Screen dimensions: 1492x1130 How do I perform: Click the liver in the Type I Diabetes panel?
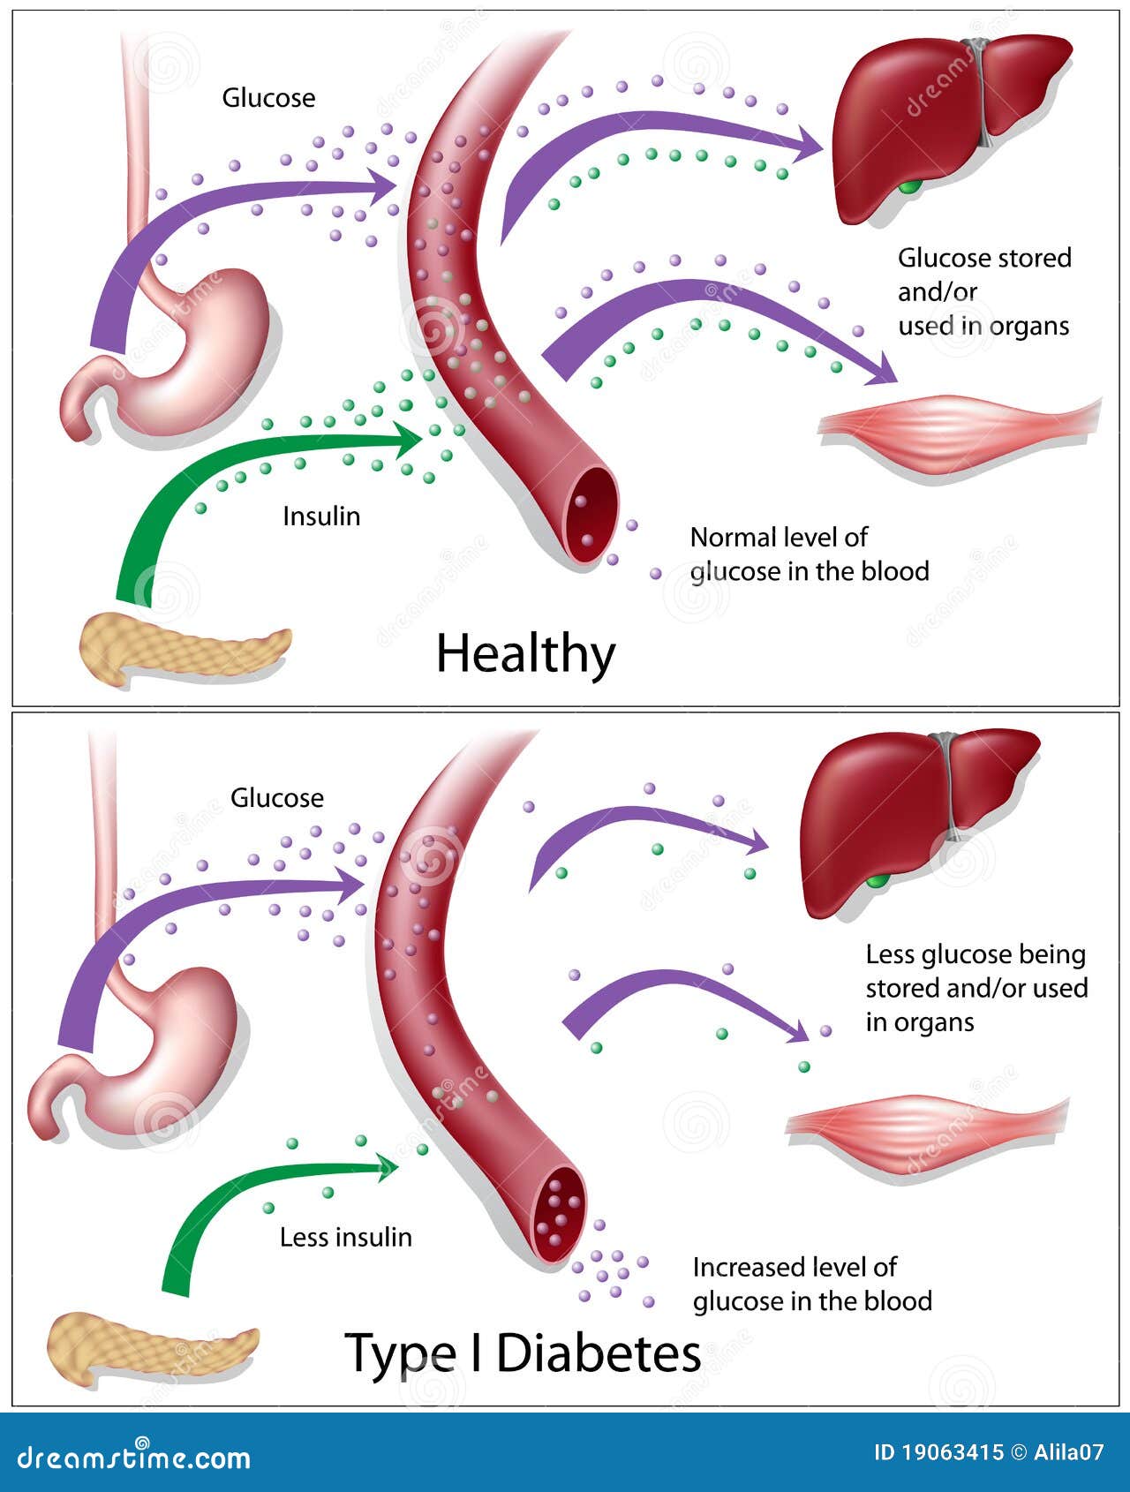(x=909, y=821)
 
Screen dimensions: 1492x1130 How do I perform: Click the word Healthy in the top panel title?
(x=525, y=654)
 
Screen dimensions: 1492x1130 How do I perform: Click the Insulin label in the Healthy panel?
(x=321, y=516)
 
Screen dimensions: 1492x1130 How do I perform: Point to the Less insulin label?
(x=345, y=1237)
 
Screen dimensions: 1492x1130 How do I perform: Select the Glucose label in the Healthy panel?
(x=268, y=97)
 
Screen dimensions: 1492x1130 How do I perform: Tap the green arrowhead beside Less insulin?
(x=386, y=1168)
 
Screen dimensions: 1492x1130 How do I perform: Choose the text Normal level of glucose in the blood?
(x=809, y=554)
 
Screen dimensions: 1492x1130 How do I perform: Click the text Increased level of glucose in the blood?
(x=811, y=1284)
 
